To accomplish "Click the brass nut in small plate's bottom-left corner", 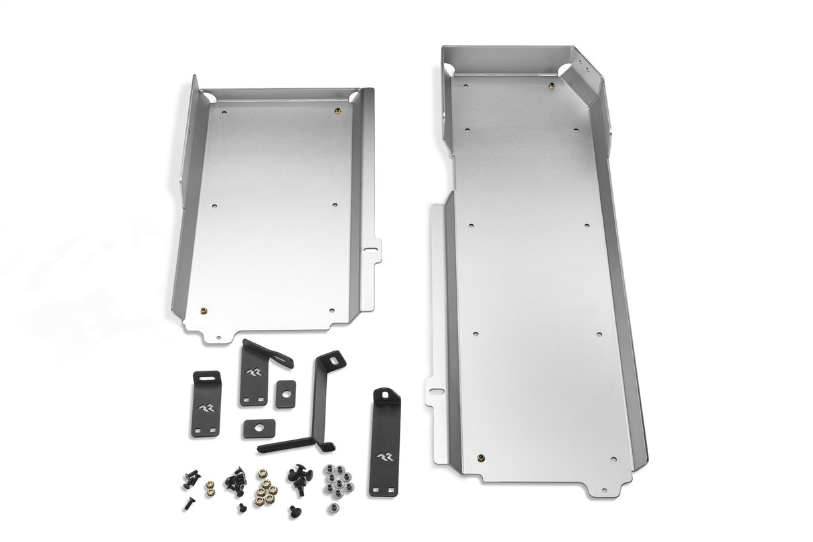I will tap(204, 310).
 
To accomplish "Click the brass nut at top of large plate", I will tap(549, 85).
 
